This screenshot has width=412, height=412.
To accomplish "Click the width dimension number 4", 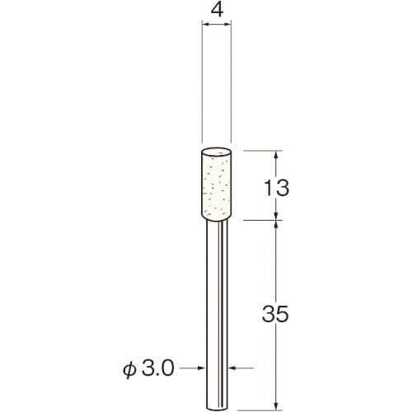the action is click(217, 11).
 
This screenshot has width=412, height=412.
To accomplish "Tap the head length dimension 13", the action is click(276, 188).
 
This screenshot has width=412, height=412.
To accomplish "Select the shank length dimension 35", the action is click(275, 313).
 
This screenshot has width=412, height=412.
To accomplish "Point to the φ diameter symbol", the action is click(129, 368).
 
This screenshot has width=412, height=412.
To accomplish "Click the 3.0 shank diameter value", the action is click(158, 368).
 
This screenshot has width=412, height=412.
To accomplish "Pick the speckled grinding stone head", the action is click(217, 185).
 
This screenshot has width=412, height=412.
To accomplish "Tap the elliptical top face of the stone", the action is click(217, 152).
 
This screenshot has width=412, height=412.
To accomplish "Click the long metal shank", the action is click(217, 316).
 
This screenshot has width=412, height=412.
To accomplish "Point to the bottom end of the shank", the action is click(217, 409).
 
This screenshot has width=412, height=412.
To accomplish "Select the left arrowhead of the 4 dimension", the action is click(205, 25).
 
